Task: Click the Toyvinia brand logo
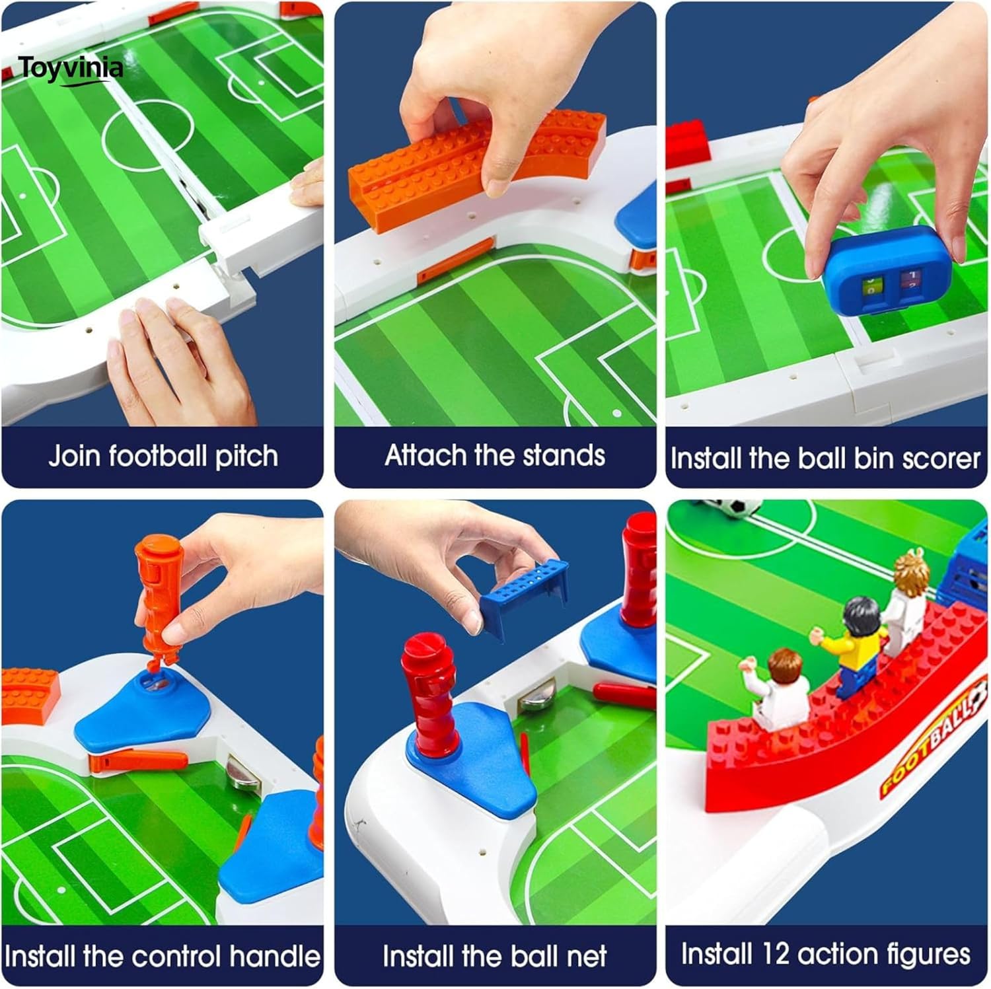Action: [x=70, y=69]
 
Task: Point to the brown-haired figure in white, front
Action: [x=780, y=687]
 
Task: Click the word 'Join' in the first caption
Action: [x=75, y=457]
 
